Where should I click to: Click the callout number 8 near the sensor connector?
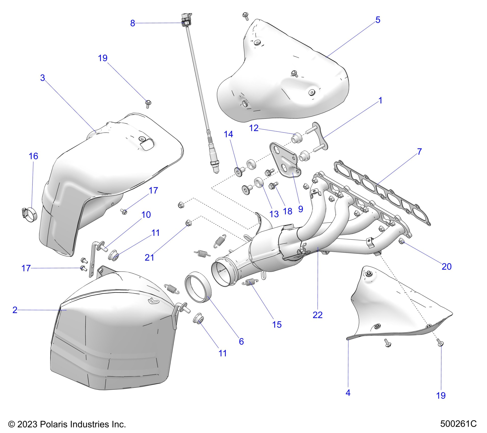(132, 23)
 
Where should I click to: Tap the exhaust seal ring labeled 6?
(196, 287)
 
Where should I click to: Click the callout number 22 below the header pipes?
(318, 315)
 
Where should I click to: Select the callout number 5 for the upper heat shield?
(378, 20)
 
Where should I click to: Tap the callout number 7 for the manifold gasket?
(419, 152)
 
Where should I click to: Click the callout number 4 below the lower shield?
(348, 393)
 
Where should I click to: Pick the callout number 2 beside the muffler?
(15, 310)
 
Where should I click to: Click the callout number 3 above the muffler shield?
(43, 78)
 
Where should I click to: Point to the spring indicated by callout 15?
(252, 281)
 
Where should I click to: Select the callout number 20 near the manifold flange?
(447, 266)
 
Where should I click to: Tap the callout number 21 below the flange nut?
(150, 258)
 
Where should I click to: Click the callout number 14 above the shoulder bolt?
(228, 134)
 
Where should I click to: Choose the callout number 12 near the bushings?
(254, 128)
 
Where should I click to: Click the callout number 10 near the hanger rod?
(146, 215)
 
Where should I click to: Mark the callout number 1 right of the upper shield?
(380, 101)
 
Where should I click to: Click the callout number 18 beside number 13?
(288, 211)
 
